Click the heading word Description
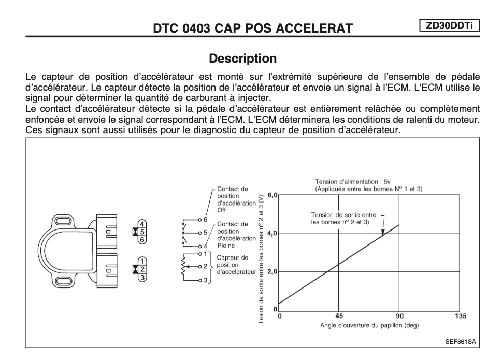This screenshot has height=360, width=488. [242, 58]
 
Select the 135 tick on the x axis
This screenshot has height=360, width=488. [460, 316]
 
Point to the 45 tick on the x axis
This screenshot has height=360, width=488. [339, 316]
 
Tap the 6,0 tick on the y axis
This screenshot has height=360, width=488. [272, 195]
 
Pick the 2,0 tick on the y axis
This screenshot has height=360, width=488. [272, 271]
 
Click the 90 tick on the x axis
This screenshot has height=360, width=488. [399, 316]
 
